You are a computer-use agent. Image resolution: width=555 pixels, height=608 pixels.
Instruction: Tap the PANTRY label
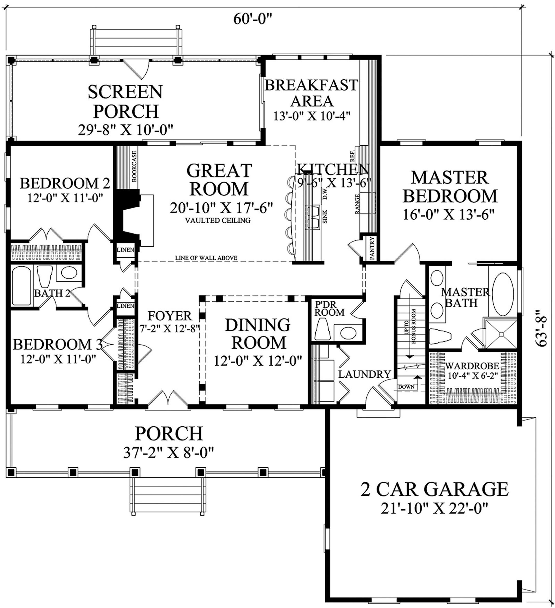[372, 248]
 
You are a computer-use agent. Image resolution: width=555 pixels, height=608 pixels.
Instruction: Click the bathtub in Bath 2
[21, 286]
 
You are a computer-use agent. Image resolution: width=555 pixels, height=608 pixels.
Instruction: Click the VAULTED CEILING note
[218, 220]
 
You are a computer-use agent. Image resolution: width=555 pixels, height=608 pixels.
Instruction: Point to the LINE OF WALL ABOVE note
[206, 258]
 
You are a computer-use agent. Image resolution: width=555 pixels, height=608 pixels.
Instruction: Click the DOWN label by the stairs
[406, 387]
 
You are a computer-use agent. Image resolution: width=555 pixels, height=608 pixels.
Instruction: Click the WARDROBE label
[472, 366]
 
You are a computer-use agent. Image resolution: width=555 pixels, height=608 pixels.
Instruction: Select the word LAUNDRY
[364, 374]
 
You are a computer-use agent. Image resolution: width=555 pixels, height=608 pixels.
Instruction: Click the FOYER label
[170, 316]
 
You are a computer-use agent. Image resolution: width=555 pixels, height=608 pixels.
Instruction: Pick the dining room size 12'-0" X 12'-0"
[258, 361]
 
